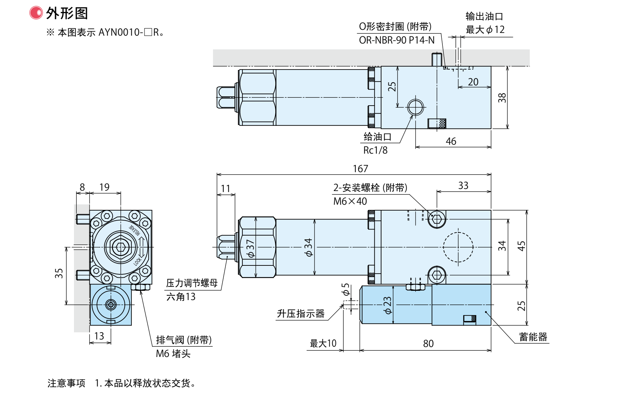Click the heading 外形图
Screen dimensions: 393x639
67,13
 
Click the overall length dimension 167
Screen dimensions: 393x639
360,169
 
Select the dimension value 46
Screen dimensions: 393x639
451,141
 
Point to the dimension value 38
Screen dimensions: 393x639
502,98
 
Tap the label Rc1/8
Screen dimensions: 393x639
375,150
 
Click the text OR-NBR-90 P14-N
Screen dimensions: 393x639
397,40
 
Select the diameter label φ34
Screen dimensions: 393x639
309,248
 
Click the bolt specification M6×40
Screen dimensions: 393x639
350,201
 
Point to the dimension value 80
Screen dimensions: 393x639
428,344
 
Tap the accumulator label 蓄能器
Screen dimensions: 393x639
533,337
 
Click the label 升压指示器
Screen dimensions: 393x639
300,314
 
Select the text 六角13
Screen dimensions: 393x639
181,297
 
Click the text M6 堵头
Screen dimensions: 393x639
173,354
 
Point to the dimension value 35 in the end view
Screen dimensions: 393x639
59,273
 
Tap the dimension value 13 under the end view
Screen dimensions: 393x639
99,336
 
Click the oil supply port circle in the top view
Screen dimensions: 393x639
415,107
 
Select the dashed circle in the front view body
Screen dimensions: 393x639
458,247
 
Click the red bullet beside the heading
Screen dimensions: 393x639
36,13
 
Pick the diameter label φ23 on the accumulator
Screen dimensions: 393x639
387,305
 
